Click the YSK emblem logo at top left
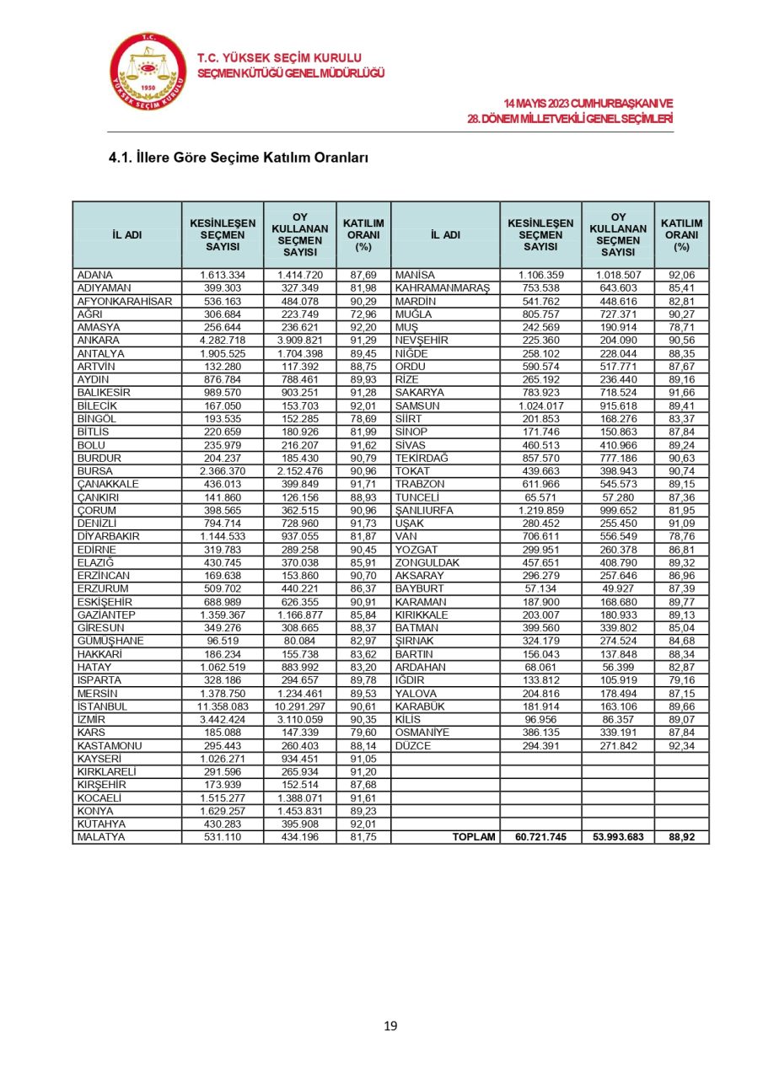click(x=148, y=73)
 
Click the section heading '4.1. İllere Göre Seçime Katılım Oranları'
click(x=239, y=158)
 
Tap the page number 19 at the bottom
click(x=390, y=1026)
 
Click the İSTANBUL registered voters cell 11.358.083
click(x=223, y=706)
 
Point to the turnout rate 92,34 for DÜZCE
click(x=681, y=746)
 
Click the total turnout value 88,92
click(x=681, y=837)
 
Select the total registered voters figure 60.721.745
click(x=540, y=837)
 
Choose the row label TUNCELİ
click(x=420, y=497)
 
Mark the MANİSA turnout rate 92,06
click(x=681, y=275)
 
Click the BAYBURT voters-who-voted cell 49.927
click(x=620, y=588)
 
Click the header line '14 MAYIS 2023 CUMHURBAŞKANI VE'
click(x=594, y=103)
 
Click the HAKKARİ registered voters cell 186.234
click(x=223, y=653)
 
